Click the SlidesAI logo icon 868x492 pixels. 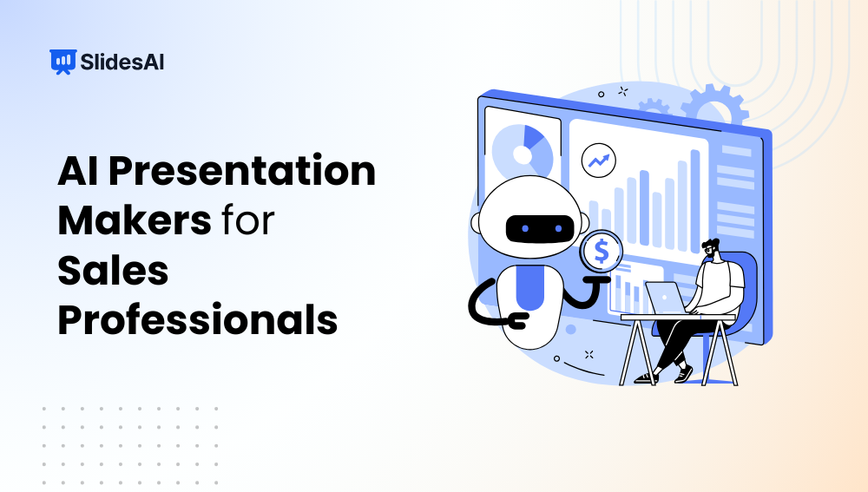click(x=62, y=62)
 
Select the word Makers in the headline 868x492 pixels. click(x=134, y=221)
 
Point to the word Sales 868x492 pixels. click(x=113, y=271)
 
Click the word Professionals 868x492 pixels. click(x=197, y=320)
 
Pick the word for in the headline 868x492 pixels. click(x=247, y=221)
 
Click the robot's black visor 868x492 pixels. click(x=534, y=230)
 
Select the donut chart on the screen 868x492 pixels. click(x=523, y=152)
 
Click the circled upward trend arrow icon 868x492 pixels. click(x=598, y=161)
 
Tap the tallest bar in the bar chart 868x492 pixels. click(x=694, y=200)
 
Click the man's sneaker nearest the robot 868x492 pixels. click(x=642, y=377)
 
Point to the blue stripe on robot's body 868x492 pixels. click(x=529, y=286)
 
